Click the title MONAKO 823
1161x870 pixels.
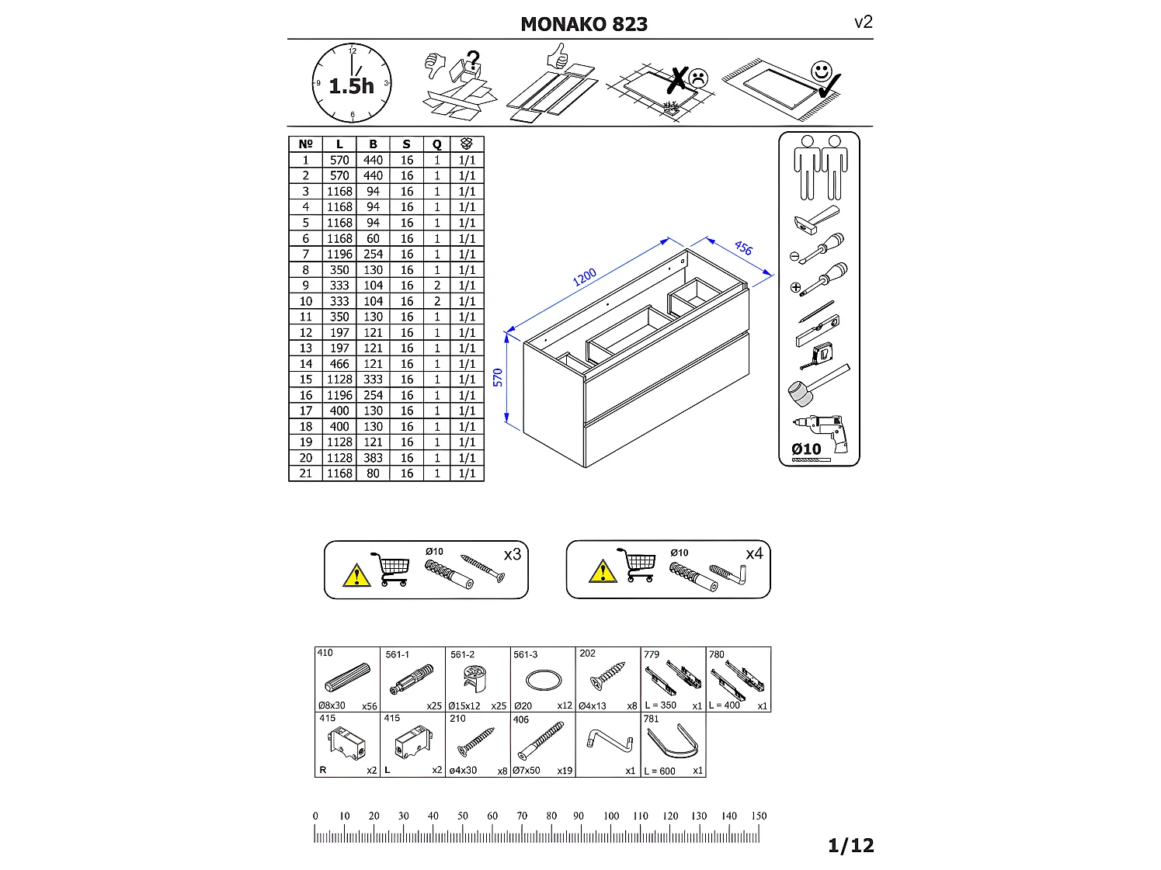[x=584, y=24]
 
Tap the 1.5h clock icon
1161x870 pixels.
[x=352, y=83]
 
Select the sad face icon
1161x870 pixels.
[x=699, y=78]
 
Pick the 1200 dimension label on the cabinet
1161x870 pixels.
[x=585, y=277]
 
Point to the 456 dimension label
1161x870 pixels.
[x=743, y=248]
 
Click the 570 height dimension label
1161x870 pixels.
[x=498, y=377]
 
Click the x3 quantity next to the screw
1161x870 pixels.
[x=512, y=554]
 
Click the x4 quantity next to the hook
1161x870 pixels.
[x=754, y=553]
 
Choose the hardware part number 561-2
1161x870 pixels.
[x=462, y=654]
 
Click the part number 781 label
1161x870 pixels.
[x=651, y=719]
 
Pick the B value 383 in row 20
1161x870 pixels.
[x=373, y=458]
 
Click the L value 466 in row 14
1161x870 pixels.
[x=339, y=364]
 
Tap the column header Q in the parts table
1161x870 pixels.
[x=436, y=144]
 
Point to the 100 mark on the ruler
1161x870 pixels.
[x=611, y=816]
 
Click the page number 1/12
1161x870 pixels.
[x=850, y=845]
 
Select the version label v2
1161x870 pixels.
[x=863, y=22]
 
